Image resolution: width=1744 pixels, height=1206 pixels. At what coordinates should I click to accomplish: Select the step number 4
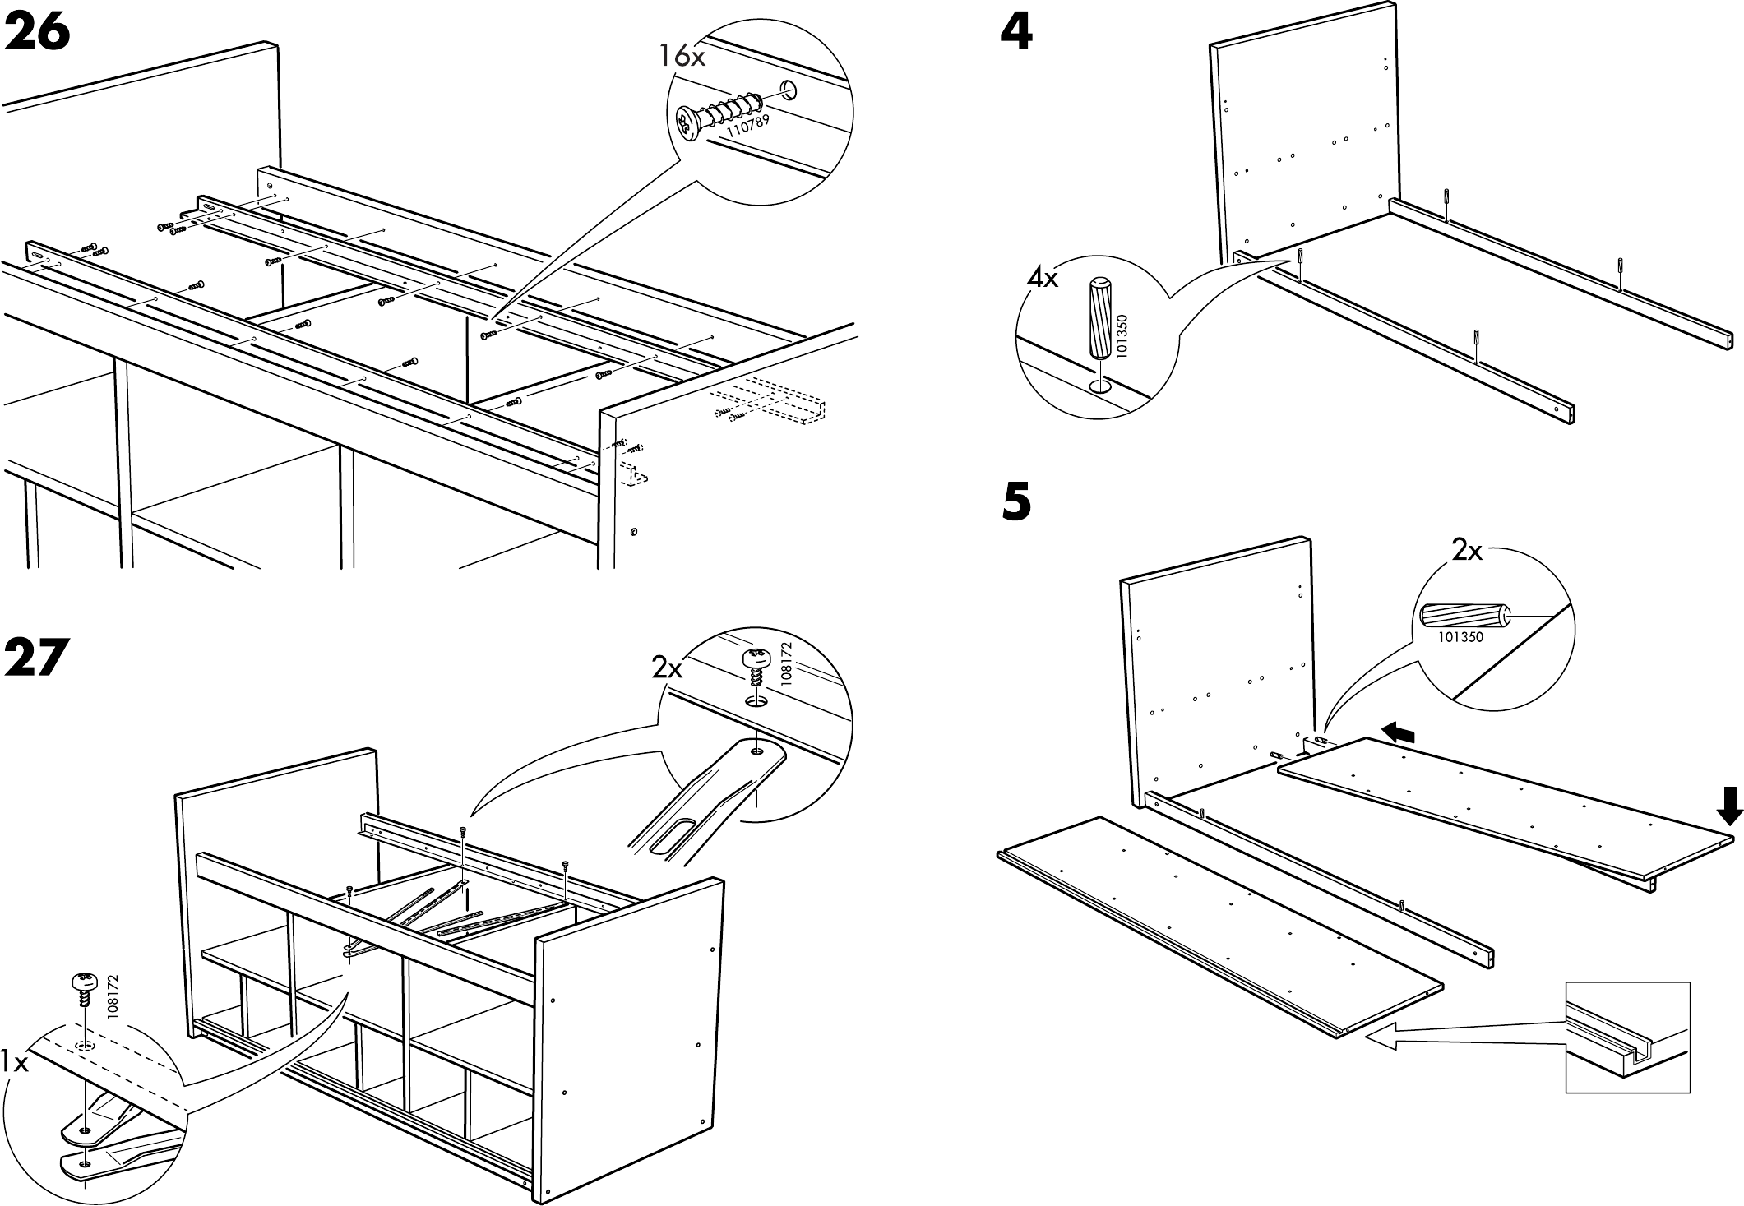coord(1017,34)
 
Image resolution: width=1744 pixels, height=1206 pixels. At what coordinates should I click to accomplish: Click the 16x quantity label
coord(682,56)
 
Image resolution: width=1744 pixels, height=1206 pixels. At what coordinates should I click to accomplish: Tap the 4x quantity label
coord(1043,278)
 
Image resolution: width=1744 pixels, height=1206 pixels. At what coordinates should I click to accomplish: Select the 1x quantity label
coord(15,1063)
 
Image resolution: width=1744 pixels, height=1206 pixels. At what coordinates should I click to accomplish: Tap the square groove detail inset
coord(1626,1037)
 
